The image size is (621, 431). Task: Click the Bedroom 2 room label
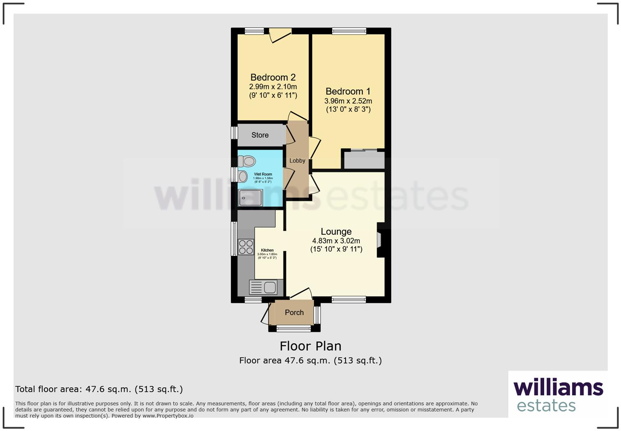point(273,77)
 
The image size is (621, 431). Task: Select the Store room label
point(260,135)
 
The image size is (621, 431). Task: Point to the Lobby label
point(297,161)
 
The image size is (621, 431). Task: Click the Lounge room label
point(336,232)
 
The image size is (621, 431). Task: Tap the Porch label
point(294,313)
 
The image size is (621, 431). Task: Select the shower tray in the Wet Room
point(251,198)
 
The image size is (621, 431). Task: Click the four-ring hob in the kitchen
point(246,247)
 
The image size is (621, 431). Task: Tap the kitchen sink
point(263,287)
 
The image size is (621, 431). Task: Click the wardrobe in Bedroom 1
point(364,160)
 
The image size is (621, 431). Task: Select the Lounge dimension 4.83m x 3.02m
point(336,241)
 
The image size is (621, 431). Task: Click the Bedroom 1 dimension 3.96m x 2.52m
point(348,101)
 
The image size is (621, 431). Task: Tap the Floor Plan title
point(310,346)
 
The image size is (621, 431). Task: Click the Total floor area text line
point(99,389)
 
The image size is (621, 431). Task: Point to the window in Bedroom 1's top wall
point(349,31)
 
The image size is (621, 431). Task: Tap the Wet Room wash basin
point(243,177)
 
